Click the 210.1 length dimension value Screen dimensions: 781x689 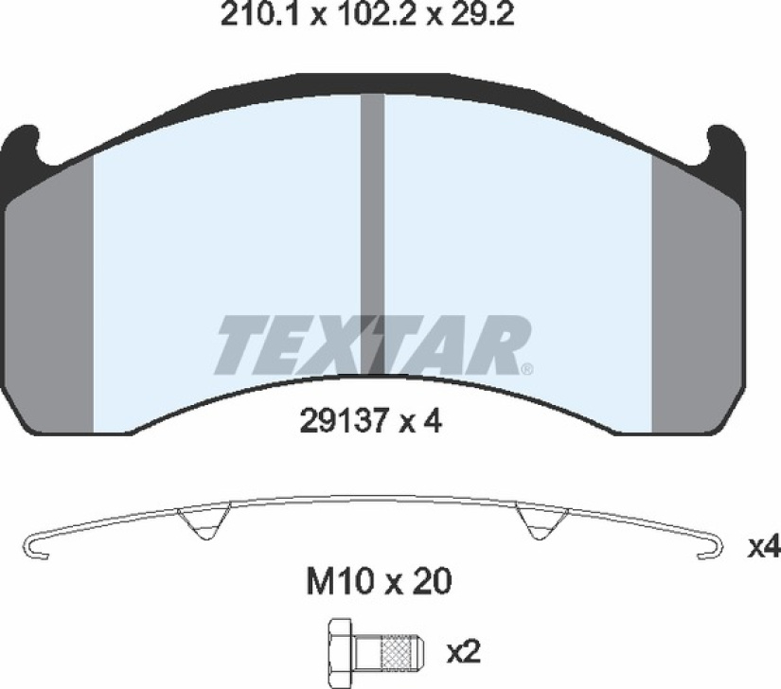pyautogui.click(x=259, y=16)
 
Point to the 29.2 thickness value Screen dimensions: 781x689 pyautogui.click(x=482, y=16)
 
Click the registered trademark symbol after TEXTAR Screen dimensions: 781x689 pyautogui.click(x=526, y=369)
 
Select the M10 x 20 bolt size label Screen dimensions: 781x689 pyautogui.click(x=379, y=581)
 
